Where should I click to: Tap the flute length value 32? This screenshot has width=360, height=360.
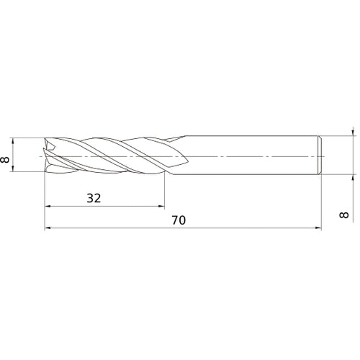(94, 197)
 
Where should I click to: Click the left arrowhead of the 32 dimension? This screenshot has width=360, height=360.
(48, 207)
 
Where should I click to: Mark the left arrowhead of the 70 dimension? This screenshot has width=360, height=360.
(48, 228)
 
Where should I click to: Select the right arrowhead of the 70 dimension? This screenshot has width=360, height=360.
(318, 228)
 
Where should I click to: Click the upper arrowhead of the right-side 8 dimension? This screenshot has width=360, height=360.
(352, 133)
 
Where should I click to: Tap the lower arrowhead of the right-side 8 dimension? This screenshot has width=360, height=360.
(352, 178)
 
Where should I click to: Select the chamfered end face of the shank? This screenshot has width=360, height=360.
(319, 156)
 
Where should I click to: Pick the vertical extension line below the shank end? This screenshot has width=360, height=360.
(321, 202)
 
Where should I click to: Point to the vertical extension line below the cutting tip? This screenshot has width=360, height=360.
(45, 202)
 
